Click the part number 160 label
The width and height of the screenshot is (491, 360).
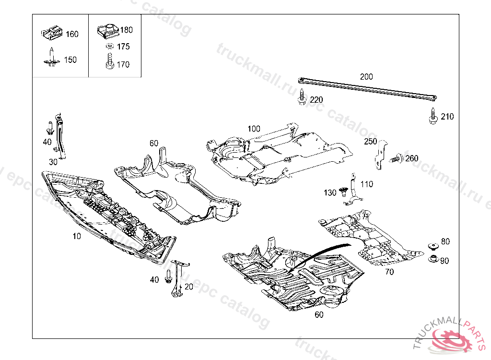coord(72,34)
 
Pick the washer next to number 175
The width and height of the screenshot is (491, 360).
coord(109,47)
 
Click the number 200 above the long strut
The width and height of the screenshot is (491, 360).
coord(366,76)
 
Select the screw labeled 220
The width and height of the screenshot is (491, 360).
coord(302,97)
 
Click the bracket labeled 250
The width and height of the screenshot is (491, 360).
coord(380,154)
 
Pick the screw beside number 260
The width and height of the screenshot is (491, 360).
coord(396,158)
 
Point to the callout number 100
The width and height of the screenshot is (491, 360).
coord(254,129)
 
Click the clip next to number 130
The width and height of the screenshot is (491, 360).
coord(343,192)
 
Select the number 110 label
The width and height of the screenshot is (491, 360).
coord(366,184)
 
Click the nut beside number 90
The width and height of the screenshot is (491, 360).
coord(433,260)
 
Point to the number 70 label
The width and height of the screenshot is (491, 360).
coord(389,272)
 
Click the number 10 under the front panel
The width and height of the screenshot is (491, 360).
coord(77,236)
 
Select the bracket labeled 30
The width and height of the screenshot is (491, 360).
coord(60,137)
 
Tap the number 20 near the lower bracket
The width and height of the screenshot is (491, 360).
coord(188,287)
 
